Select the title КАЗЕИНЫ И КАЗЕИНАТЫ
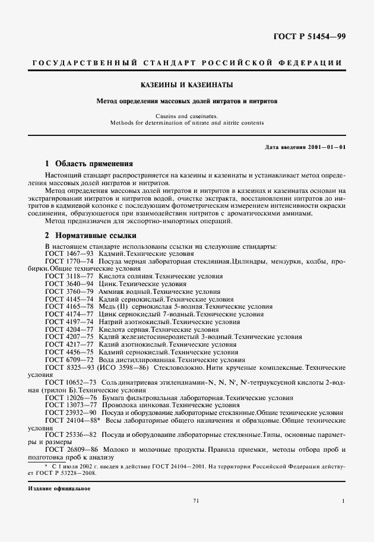[x=186, y=84]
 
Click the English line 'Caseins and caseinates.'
[x=186, y=116]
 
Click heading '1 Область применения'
[x=89, y=163]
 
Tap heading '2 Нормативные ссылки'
[x=87, y=235]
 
